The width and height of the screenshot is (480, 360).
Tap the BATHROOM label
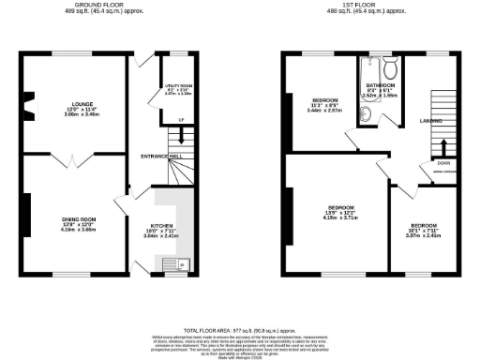click(x=381, y=85)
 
